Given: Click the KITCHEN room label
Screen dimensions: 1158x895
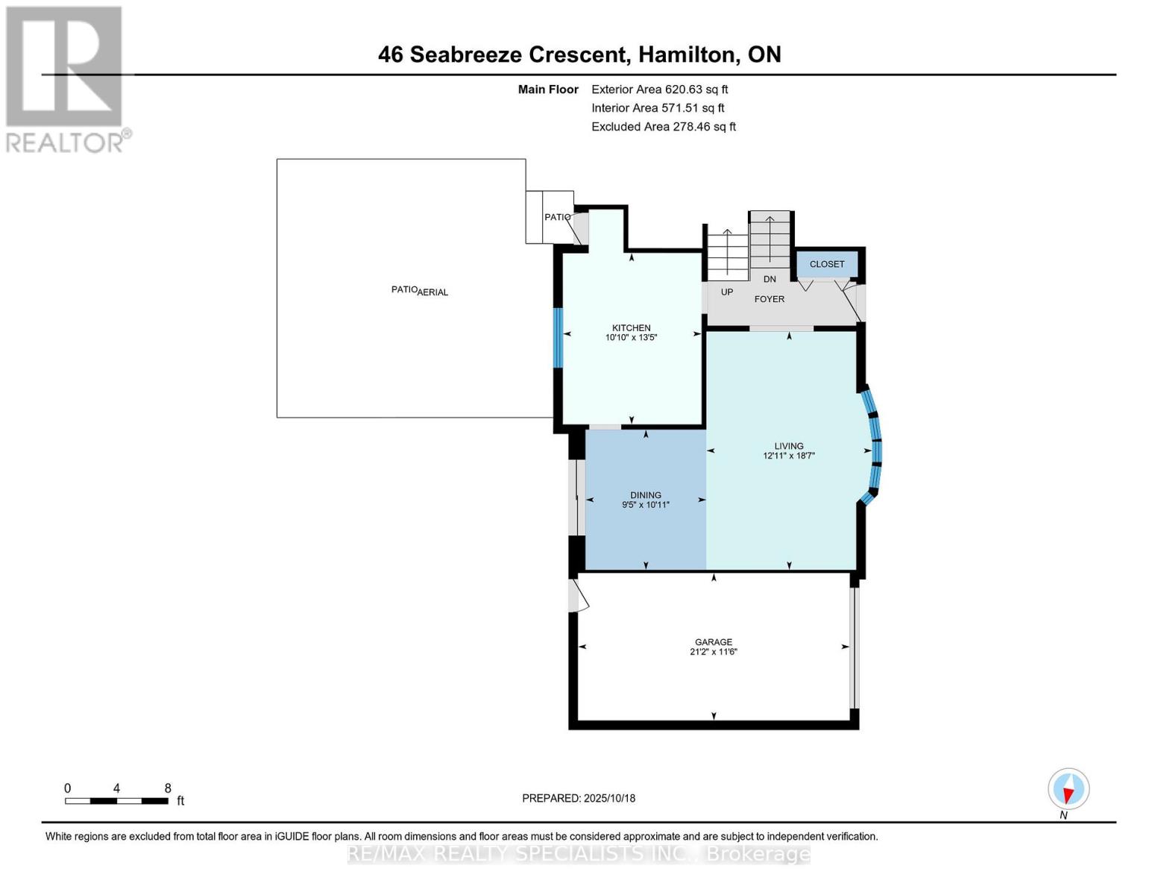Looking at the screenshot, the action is [631, 328].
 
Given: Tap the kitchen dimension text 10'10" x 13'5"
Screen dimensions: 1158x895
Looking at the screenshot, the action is [631, 337].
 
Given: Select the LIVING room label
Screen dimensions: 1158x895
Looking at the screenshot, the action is [789, 446].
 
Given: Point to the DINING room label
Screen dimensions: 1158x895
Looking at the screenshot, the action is [645, 495].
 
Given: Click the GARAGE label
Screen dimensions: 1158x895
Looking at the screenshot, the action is [713, 642].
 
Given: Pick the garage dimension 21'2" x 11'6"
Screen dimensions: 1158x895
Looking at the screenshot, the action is [713, 651].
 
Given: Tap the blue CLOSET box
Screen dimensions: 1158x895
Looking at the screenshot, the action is [826, 264].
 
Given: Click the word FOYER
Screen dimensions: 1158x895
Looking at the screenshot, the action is [769, 299].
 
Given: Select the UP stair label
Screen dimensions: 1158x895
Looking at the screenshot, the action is [727, 292].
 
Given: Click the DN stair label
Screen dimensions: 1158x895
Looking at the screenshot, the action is [770, 279].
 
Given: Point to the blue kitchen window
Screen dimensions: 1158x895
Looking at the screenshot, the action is [558, 338].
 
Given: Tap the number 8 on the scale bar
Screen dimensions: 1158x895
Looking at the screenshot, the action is [167, 788].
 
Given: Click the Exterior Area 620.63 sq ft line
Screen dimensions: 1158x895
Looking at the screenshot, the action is [659, 89].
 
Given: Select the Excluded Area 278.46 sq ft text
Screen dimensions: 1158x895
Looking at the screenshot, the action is [664, 127].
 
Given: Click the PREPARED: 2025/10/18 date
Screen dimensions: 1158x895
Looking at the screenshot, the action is [578, 798].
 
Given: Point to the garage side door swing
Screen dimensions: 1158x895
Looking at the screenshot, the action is [579, 595].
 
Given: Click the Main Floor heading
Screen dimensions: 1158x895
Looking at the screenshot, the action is [548, 89].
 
